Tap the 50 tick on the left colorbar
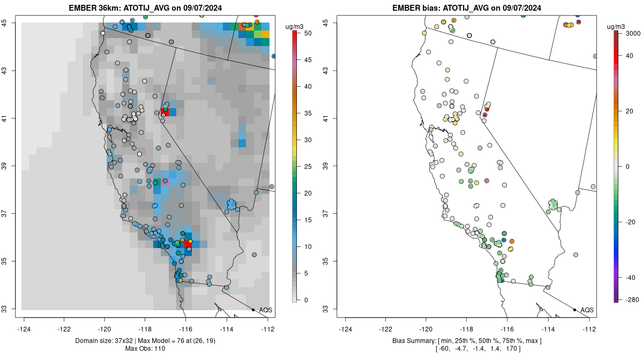(x=308, y=33)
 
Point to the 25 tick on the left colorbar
(x=308, y=167)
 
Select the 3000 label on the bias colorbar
(x=633, y=34)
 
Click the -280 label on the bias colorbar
(x=632, y=300)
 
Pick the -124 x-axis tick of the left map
(x=24, y=329)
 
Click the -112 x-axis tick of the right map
(x=589, y=329)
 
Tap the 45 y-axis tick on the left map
(x=5, y=22)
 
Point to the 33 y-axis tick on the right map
(x=326, y=309)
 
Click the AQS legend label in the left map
(x=266, y=310)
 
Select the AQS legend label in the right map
(x=587, y=310)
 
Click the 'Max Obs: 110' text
(x=145, y=349)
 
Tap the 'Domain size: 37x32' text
(x=104, y=341)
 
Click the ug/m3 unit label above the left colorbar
(x=294, y=27)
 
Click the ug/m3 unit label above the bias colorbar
(x=616, y=27)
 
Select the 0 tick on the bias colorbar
(x=627, y=167)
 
